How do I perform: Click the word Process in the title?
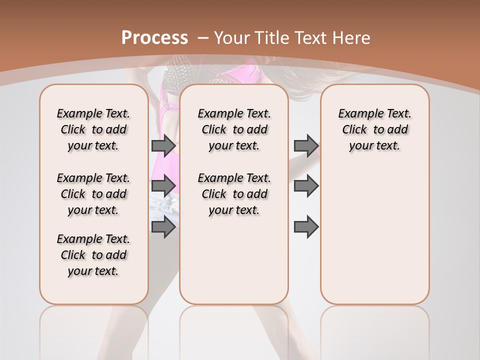tap(154, 37)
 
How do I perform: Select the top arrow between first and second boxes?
tap(163, 145)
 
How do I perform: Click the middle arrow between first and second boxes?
tap(163, 186)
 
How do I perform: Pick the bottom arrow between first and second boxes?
tap(163, 227)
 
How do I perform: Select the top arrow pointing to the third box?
tap(306, 145)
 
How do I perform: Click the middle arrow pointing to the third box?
tap(306, 186)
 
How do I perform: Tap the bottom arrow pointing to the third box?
tap(306, 227)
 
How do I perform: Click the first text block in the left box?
tap(93, 129)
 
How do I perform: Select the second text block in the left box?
tap(93, 194)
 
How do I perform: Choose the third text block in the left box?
tap(93, 255)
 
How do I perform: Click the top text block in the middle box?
tap(234, 129)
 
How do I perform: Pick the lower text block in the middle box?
tap(234, 194)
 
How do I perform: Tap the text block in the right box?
tap(374, 129)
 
